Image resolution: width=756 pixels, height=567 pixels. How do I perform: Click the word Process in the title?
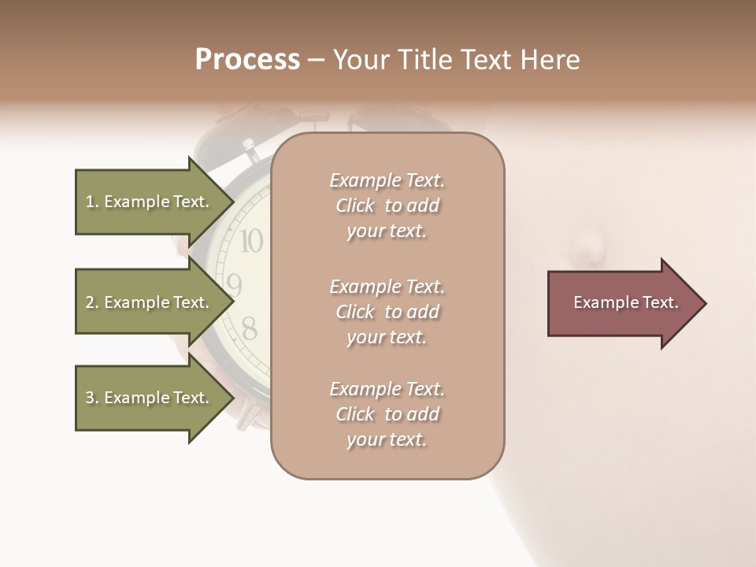point(247,60)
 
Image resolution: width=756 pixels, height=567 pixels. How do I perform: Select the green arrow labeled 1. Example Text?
point(147,202)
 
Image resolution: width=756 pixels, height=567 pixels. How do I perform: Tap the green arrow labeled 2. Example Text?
point(147,302)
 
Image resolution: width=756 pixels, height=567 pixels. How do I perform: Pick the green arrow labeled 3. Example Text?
point(147,398)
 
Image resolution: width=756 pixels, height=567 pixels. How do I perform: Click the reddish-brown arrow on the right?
point(622,303)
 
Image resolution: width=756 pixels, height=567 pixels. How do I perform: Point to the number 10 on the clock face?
point(251,241)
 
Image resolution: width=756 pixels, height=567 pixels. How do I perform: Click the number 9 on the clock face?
point(234,284)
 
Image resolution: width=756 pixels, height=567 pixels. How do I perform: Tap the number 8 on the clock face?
point(249,328)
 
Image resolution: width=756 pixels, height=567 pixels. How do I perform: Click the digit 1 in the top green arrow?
point(90,202)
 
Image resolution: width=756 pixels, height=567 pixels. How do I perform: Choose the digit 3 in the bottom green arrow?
point(90,398)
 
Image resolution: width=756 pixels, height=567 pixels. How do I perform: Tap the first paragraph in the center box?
point(387,206)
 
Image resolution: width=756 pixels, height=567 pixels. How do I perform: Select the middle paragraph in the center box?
point(387,311)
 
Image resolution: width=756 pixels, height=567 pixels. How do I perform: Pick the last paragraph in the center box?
point(387,414)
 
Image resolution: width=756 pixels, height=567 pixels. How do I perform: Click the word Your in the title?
point(361,60)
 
